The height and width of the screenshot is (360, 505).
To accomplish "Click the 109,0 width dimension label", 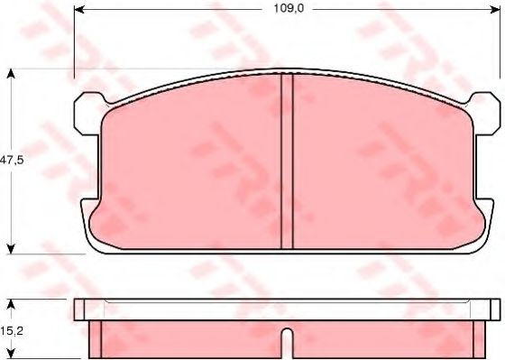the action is (289, 9).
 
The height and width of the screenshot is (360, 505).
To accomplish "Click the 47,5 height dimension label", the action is (12, 160).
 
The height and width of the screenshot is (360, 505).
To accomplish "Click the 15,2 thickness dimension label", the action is (12, 330).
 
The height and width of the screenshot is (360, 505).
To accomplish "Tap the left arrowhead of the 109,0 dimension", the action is (79, 10).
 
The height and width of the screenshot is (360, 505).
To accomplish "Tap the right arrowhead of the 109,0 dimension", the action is (495, 10).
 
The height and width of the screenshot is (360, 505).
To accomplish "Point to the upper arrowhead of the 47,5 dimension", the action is (11, 74).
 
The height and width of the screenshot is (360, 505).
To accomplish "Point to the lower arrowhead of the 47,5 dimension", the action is (11, 249).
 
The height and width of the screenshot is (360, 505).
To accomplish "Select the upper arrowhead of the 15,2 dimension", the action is (11, 304).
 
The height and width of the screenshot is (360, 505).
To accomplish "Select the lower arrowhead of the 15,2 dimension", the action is (11, 354).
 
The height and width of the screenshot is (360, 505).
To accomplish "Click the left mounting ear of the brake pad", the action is (87, 114).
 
